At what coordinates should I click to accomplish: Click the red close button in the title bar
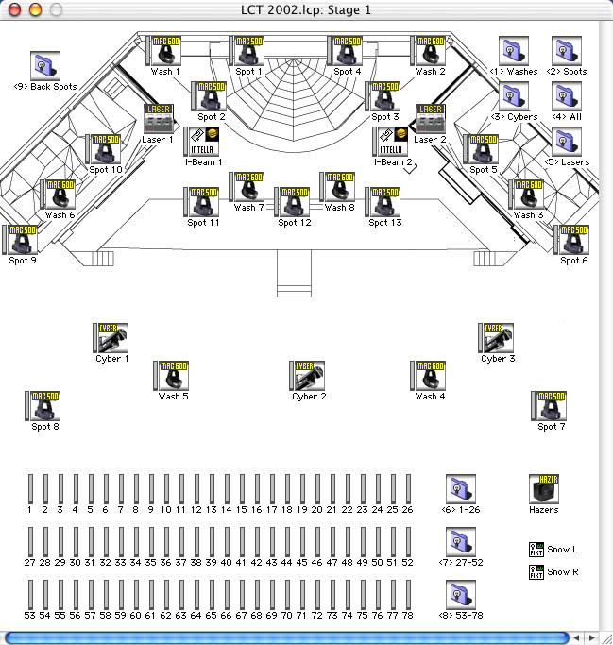pyautogui.click(x=13, y=9)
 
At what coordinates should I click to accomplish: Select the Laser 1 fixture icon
pyautogui.click(x=159, y=119)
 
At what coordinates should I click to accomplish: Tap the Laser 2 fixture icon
pyautogui.click(x=430, y=119)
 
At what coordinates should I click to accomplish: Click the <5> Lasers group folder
pyautogui.click(x=567, y=143)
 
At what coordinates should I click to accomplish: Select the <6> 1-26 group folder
pyautogui.click(x=460, y=490)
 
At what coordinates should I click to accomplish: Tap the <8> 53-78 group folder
pyautogui.click(x=460, y=596)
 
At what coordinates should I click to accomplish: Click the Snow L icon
pyautogui.click(x=536, y=549)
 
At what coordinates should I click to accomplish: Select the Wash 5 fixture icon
pyautogui.click(x=173, y=376)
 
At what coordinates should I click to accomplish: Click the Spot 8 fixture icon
pyautogui.click(x=44, y=406)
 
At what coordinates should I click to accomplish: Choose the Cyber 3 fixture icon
pyautogui.click(x=498, y=338)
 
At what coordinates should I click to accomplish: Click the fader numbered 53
pyautogui.click(x=30, y=595)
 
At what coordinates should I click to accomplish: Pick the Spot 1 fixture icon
pyautogui.click(x=248, y=51)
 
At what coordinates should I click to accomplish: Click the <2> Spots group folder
pyautogui.click(x=567, y=51)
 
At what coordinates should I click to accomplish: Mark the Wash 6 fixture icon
pyautogui.click(x=59, y=195)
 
